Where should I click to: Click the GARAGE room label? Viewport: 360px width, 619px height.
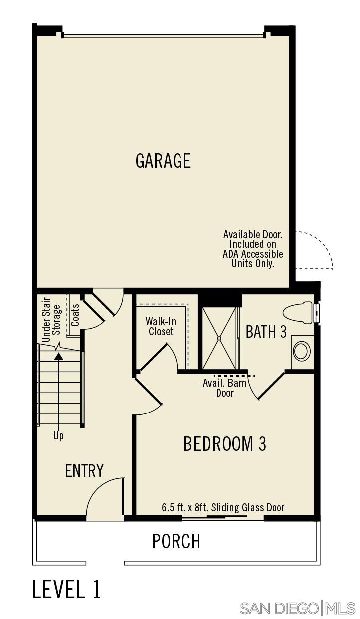click(163, 161)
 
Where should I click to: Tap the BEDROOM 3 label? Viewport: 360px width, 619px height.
click(224, 443)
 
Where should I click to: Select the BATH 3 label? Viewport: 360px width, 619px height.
click(266, 332)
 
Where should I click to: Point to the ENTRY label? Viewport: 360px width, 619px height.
click(84, 470)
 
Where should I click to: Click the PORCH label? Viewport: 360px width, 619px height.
click(176, 541)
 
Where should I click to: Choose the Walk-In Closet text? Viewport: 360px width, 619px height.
click(161, 326)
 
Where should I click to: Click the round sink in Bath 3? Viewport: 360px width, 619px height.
click(301, 351)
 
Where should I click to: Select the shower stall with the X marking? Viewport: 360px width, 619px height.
click(219, 338)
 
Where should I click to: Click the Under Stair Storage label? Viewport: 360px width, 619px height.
click(51, 319)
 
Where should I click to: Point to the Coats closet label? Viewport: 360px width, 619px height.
click(75, 315)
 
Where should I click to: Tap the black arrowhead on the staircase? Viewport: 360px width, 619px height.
click(59, 356)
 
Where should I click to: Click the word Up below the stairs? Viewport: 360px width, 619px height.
click(58, 436)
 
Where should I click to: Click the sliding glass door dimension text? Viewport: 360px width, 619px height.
click(223, 508)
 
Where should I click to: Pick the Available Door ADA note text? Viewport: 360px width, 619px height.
click(253, 249)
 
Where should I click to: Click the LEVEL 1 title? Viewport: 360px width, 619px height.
click(66, 589)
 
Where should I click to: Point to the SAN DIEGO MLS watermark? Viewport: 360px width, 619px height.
click(297, 608)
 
